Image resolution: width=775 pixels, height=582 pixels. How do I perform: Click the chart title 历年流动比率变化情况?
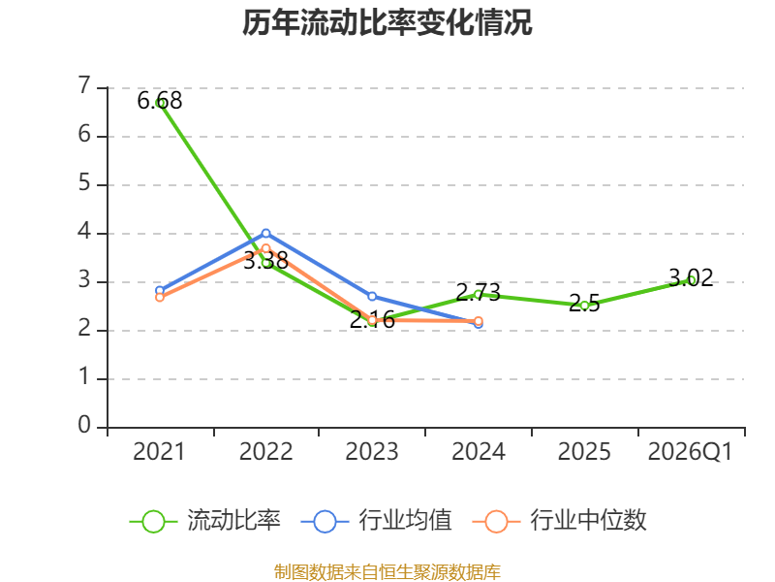tap(387, 22)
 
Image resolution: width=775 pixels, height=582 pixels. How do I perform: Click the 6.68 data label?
tap(160, 101)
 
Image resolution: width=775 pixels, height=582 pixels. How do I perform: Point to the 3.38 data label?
tap(265, 260)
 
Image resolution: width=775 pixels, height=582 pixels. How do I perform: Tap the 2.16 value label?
tap(372, 320)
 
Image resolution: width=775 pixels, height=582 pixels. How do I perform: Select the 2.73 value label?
tap(478, 292)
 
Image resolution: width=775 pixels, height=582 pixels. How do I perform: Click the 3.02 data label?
tap(691, 277)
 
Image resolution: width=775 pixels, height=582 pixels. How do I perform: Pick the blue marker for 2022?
tap(265, 233)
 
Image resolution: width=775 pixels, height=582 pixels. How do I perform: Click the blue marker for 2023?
tap(372, 297)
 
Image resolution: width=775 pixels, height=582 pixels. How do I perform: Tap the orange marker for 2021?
tap(160, 298)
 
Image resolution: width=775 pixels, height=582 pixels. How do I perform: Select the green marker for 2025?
tap(585, 306)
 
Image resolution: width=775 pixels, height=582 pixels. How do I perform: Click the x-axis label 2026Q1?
tap(690, 452)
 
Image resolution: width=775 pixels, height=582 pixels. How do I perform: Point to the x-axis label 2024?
tap(479, 452)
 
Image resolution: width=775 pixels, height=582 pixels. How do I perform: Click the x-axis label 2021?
tap(159, 452)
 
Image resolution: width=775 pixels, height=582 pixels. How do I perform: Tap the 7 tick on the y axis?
tap(84, 85)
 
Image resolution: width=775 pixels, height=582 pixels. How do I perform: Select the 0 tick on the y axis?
tap(84, 425)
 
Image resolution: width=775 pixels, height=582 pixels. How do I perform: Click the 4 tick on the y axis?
tap(84, 231)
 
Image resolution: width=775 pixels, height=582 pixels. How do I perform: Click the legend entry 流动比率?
tap(204, 521)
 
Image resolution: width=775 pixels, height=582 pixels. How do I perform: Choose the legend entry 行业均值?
tap(376, 521)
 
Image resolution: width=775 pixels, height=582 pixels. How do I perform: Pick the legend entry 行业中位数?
tap(560, 521)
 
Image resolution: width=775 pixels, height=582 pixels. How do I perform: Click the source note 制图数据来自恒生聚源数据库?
tap(387, 571)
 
